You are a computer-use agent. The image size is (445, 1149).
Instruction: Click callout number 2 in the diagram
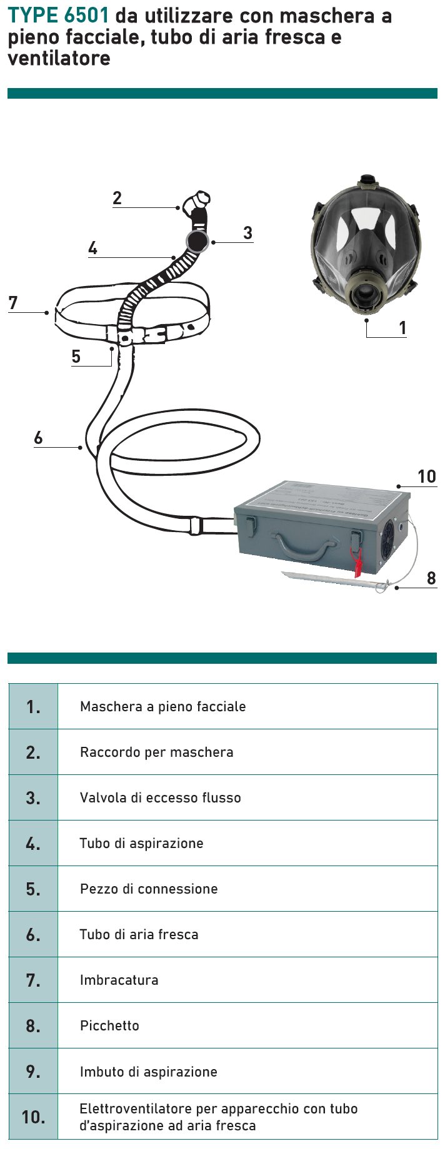pyautogui.click(x=117, y=199)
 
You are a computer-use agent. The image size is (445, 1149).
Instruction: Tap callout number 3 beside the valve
pyautogui.click(x=247, y=234)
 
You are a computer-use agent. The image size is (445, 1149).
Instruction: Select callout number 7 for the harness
pyautogui.click(x=13, y=303)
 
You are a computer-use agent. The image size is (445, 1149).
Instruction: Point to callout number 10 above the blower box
pyautogui.click(x=426, y=477)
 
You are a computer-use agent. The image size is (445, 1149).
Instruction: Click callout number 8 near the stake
pyautogui.click(x=431, y=578)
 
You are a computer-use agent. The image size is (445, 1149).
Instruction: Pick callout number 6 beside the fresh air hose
pyautogui.click(x=38, y=438)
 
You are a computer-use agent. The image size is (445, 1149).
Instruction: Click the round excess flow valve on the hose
pyautogui.click(x=197, y=242)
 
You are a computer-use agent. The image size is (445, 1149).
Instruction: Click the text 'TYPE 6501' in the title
pyautogui.click(x=58, y=15)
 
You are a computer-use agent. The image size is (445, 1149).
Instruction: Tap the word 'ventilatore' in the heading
pyautogui.click(x=59, y=58)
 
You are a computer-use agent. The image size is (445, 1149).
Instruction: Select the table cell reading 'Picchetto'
pyautogui.click(x=109, y=1025)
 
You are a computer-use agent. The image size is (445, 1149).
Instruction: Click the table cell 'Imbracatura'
pyautogui.click(x=119, y=980)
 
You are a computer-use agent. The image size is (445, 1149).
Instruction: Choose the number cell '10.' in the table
pyautogui.click(x=33, y=1117)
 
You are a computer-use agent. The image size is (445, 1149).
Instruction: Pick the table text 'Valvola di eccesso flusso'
pyautogui.click(x=160, y=797)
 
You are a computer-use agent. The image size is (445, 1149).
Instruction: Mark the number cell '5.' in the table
pyautogui.click(x=33, y=889)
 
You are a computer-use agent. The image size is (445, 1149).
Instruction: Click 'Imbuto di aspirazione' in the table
pyautogui.click(x=149, y=1072)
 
